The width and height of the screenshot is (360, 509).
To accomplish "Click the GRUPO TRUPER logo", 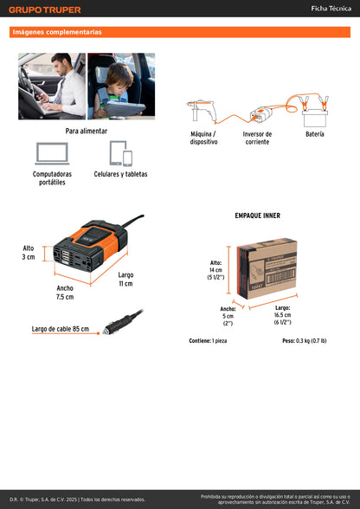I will pos(45,10).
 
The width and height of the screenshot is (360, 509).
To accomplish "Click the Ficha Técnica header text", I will pos(331,9).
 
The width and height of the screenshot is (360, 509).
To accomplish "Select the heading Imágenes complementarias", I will pos(57,32).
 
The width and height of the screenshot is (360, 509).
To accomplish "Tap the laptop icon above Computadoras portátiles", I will pos(52,153).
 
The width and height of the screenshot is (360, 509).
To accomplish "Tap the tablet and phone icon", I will pos(120,153).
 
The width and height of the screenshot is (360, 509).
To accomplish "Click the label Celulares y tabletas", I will pos(120,174).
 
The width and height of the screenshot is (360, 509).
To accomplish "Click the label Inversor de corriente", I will pos(256,138).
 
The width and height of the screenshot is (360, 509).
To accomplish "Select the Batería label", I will pos(315,134).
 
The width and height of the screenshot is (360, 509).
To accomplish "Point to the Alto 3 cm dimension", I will pos(29,252).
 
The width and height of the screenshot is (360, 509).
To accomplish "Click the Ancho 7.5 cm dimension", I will pos(65,293).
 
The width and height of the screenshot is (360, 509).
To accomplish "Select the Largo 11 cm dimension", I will pos(125,279).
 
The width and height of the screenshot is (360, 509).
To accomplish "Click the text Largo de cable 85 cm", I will pos(60,329).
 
